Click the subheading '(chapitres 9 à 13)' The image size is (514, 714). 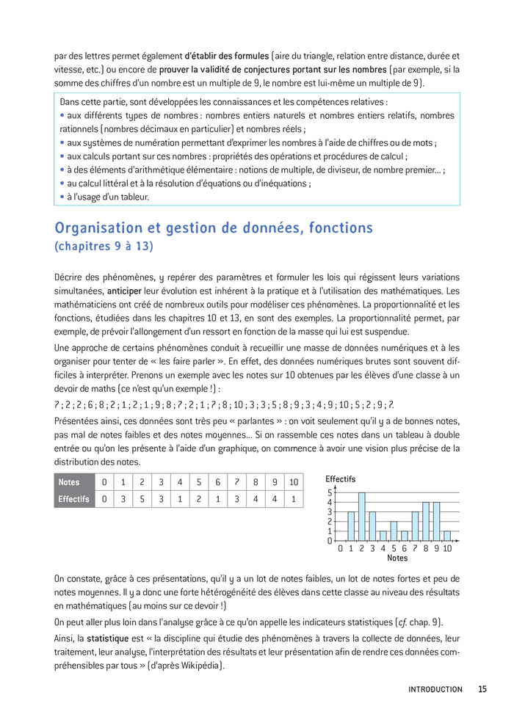[x=104, y=247]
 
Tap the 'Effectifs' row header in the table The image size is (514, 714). [x=73, y=499]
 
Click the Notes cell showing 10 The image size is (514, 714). [x=293, y=481]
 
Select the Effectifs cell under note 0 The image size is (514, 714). [x=104, y=499]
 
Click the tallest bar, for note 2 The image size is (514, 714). [x=361, y=517]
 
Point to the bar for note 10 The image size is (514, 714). [x=447, y=536]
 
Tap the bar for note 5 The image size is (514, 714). [x=394, y=531]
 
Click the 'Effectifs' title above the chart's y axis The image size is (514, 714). [x=340, y=478]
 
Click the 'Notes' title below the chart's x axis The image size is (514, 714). [x=397, y=558]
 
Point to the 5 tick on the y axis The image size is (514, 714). [x=330, y=493]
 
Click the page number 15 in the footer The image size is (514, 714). [x=482, y=689]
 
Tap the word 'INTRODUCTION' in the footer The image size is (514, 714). [x=435, y=689]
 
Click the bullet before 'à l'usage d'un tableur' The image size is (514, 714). [x=62, y=197]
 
